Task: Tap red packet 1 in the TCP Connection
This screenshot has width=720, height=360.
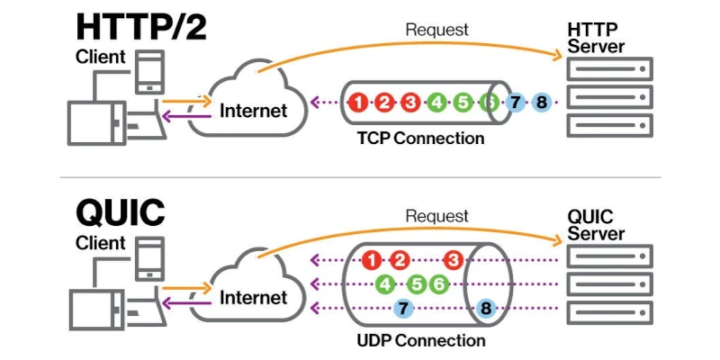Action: (x=358, y=102)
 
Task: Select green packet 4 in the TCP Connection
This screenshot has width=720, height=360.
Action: (x=436, y=102)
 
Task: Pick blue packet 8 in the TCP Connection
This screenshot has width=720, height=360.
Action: (x=541, y=102)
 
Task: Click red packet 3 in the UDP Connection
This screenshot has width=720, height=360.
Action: (x=453, y=261)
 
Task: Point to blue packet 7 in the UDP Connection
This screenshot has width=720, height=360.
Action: (x=403, y=309)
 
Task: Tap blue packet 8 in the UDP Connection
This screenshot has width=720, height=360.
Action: (x=487, y=309)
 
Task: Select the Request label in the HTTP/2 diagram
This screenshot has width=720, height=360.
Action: (x=437, y=30)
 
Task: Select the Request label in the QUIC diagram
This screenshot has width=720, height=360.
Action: (x=437, y=216)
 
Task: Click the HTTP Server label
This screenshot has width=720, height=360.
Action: (x=596, y=38)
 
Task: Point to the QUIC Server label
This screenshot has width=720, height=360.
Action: (x=596, y=225)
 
